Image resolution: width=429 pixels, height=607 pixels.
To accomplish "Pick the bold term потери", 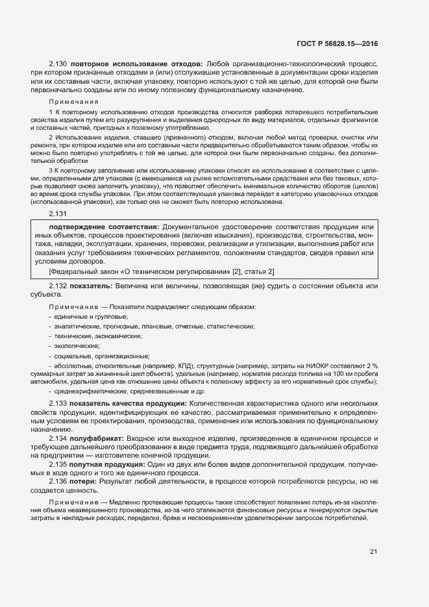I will [86, 482].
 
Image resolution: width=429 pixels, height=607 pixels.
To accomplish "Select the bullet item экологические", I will [77, 346].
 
